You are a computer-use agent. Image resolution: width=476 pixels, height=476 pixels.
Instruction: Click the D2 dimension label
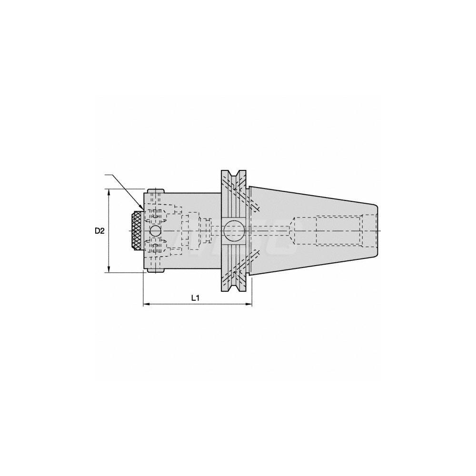99,231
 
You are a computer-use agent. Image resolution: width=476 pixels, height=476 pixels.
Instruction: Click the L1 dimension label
195,297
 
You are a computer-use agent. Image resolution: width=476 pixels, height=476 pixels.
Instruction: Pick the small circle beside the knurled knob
155,231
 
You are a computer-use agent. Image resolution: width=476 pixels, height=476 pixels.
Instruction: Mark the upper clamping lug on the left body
156,191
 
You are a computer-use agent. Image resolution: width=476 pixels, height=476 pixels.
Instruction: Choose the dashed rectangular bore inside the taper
339,231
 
